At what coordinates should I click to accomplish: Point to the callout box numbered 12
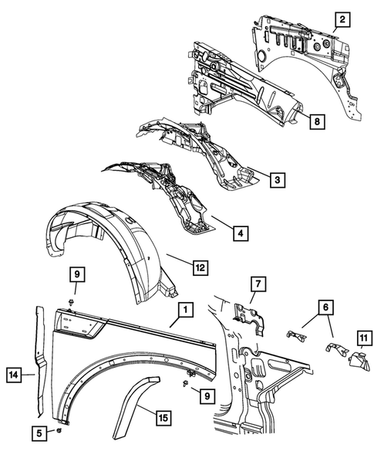pyautogui.click(x=199, y=268)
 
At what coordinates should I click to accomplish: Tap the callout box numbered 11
pyautogui.click(x=362, y=337)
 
